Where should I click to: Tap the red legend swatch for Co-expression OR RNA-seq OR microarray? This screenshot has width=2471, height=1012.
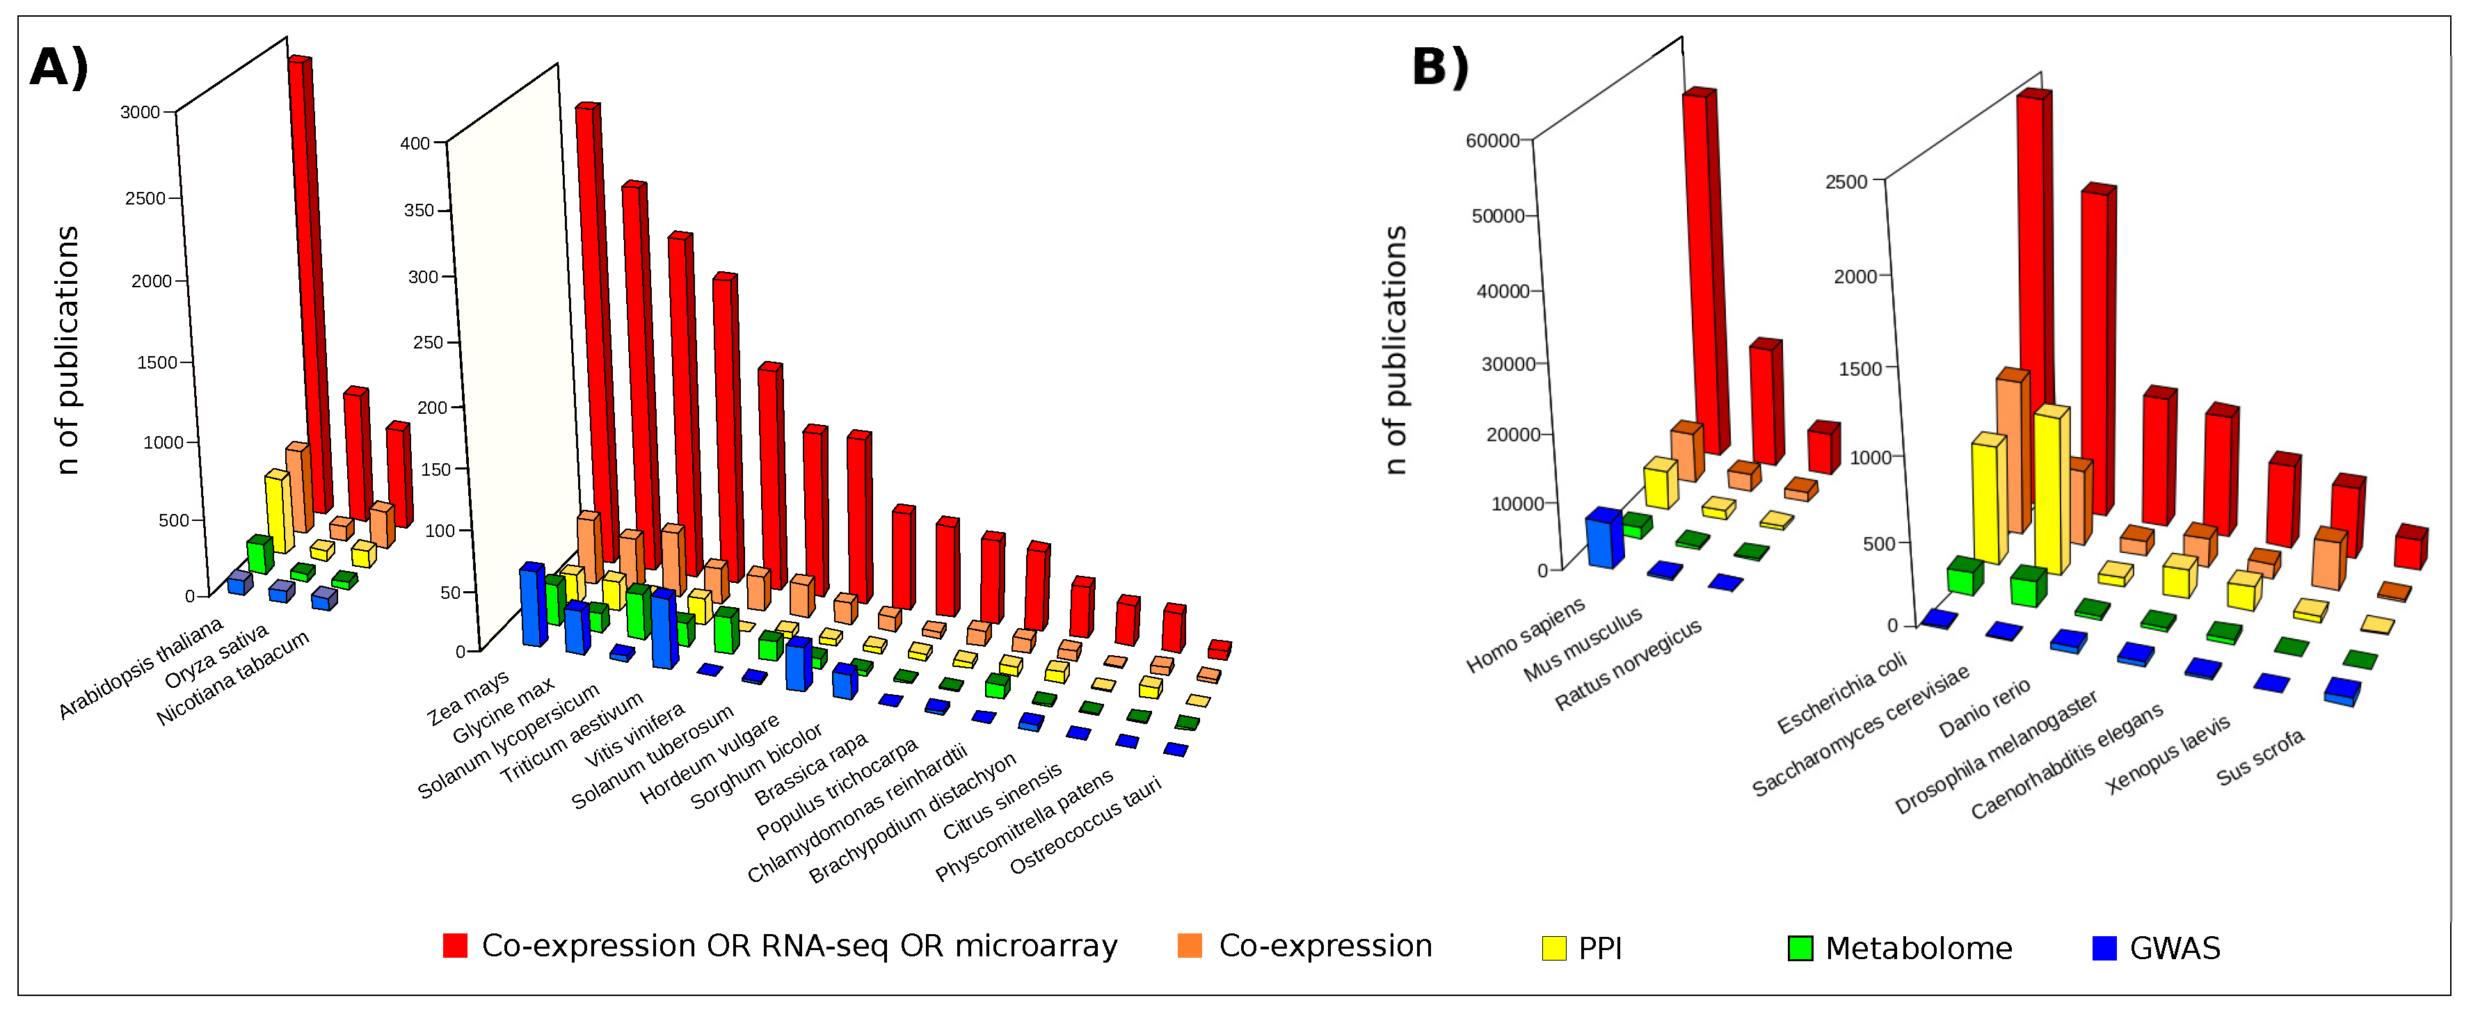pyautogui.click(x=455, y=946)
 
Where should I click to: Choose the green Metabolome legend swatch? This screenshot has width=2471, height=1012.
pyautogui.click(x=1800, y=948)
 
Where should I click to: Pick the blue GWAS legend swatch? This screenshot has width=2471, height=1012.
pyautogui.click(x=2104, y=948)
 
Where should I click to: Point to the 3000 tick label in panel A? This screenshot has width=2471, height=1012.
pyautogui.click(x=140, y=112)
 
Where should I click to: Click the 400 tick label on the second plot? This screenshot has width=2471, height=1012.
pyautogui.click(x=415, y=144)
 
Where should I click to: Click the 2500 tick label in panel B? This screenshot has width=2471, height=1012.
pyautogui.click(x=1846, y=182)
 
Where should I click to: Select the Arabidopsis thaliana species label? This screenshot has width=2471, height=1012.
pyautogui.click(x=141, y=668)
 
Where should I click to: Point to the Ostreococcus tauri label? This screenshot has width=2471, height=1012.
pyautogui.click(x=1085, y=825)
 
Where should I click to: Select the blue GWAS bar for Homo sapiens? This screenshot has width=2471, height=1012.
pyautogui.click(x=1603, y=539)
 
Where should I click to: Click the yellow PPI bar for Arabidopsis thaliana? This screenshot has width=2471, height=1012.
pyautogui.click(x=279, y=511)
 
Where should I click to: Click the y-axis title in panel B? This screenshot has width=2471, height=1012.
pyautogui.click(x=1396, y=350)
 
